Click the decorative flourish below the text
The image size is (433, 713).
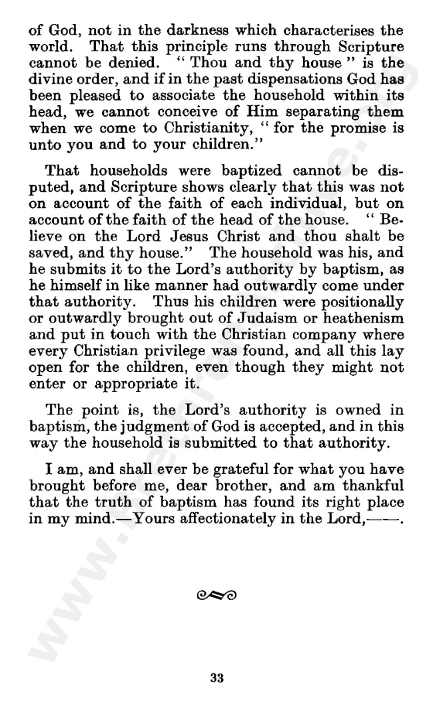click(x=217, y=593)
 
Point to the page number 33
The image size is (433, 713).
click(x=217, y=678)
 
